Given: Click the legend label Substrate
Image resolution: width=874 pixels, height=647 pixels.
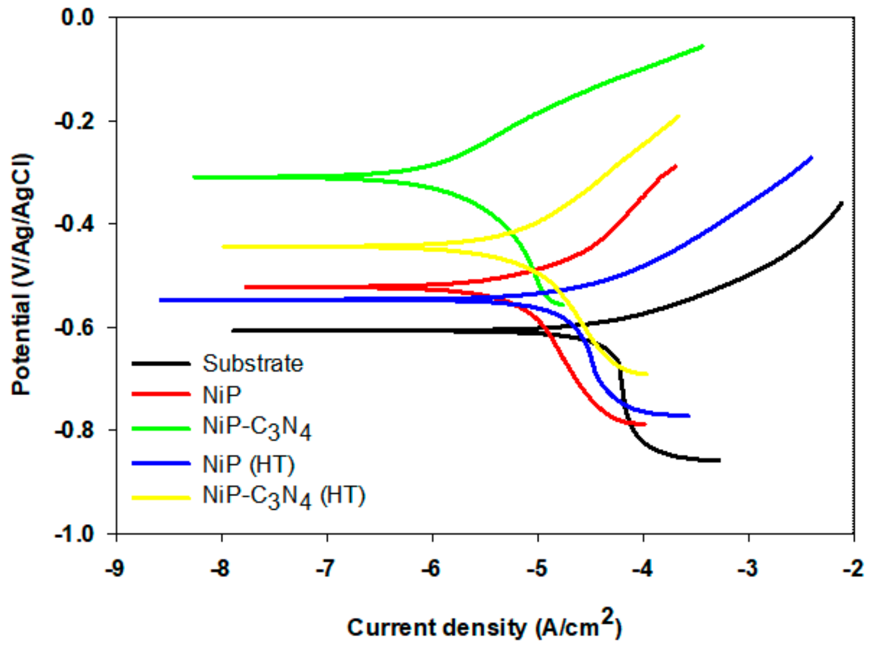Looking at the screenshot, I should pos(252,364).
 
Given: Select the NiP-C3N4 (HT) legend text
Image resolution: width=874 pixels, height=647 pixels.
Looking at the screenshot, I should pos(284,496).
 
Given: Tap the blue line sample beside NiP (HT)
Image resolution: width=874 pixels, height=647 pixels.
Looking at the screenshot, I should pos(161,463).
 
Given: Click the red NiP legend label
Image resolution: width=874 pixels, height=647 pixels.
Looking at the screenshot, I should pos(222,395).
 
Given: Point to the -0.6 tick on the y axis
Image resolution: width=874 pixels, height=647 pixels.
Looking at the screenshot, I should pos(74,327).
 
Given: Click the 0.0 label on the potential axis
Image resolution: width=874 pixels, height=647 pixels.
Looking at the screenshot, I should pos(78,17).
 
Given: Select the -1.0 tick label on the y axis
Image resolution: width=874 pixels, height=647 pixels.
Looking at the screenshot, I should pos(74,534).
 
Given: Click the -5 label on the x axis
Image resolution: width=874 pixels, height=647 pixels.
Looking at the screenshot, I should pos(537,568).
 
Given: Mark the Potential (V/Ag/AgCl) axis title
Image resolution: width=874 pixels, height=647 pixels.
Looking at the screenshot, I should pos(22,274).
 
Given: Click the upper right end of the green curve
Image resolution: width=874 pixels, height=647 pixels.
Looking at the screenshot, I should pos(703,46).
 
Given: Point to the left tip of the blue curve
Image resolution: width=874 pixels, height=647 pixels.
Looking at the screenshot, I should pos(160,300).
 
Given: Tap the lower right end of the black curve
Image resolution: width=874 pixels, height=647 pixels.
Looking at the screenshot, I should pos(719,460).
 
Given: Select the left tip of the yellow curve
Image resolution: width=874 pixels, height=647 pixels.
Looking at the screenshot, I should pos(223,246).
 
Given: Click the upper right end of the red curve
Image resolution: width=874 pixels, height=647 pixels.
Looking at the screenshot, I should pos(676,166).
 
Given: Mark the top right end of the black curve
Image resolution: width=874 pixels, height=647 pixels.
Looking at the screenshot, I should pos(842,203).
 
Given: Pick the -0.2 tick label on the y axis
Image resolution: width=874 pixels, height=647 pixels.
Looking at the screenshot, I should pos(74,121).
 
